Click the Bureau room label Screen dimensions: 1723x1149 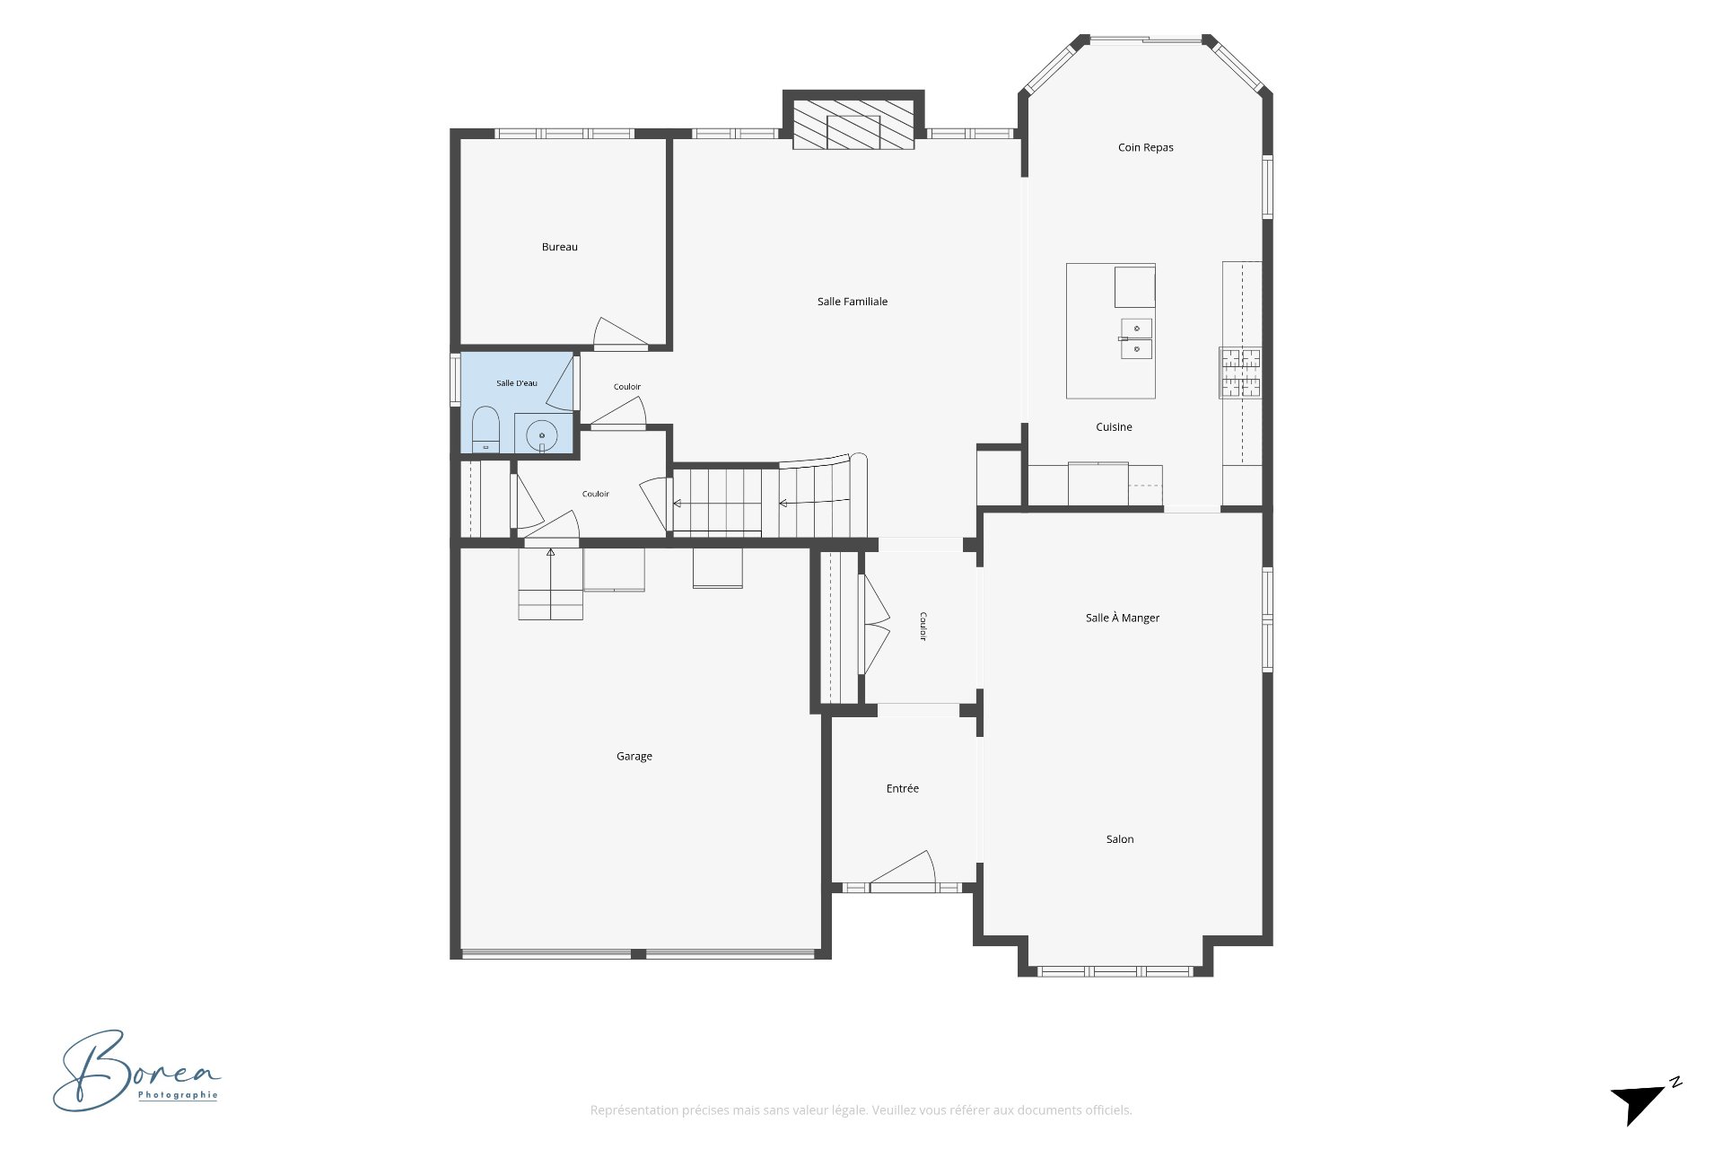(559, 247)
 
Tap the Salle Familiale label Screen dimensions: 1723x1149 (852, 302)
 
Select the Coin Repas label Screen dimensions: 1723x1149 (1145, 147)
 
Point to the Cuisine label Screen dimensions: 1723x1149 (1114, 427)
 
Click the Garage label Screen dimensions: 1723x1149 (634, 757)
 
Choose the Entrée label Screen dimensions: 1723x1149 (902, 788)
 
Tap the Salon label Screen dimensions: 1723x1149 (1119, 839)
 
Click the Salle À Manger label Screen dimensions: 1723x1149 (1122, 618)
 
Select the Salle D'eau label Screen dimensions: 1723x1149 (516, 383)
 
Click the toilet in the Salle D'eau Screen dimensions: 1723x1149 (485, 429)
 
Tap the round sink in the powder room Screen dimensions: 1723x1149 (542, 434)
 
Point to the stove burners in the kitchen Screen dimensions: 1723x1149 (1239, 373)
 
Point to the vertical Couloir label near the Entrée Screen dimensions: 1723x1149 (922, 627)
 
